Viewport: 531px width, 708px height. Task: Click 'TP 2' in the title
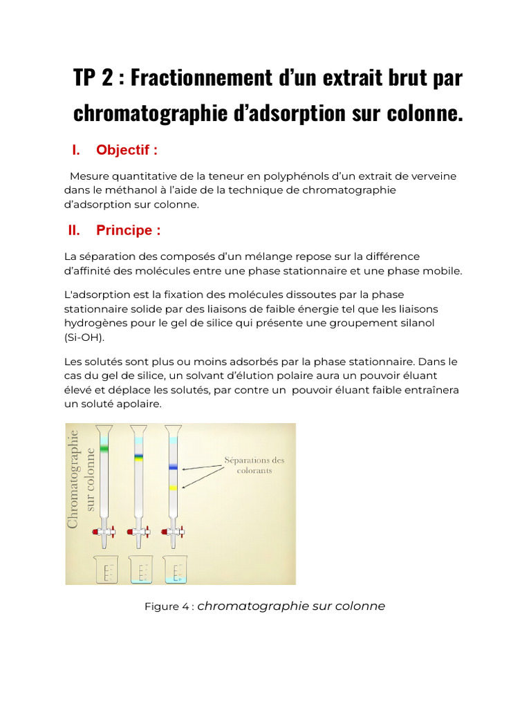pyautogui.click(x=93, y=77)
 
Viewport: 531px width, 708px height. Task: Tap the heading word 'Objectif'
pyautogui.click(x=127, y=150)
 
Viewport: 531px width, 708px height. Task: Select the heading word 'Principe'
pyautogui.click(x=129, y=230)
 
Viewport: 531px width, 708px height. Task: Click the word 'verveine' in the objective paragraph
pyautogui.click(x=434, y=176)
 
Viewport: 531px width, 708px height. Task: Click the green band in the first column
pyautogui.click(x=104, y=449)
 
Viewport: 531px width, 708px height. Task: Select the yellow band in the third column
pyautogui.click(x=173, y=488)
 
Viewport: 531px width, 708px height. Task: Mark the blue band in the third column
pyautogui.click(x=173, y=468)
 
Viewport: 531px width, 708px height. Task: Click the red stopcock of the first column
pyautogui.click(x=96, y=532)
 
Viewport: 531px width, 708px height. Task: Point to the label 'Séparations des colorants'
pyautogui.click(x=254, y=465)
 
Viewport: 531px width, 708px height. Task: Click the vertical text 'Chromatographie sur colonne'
pyautogui.click(x=82, y=478)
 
